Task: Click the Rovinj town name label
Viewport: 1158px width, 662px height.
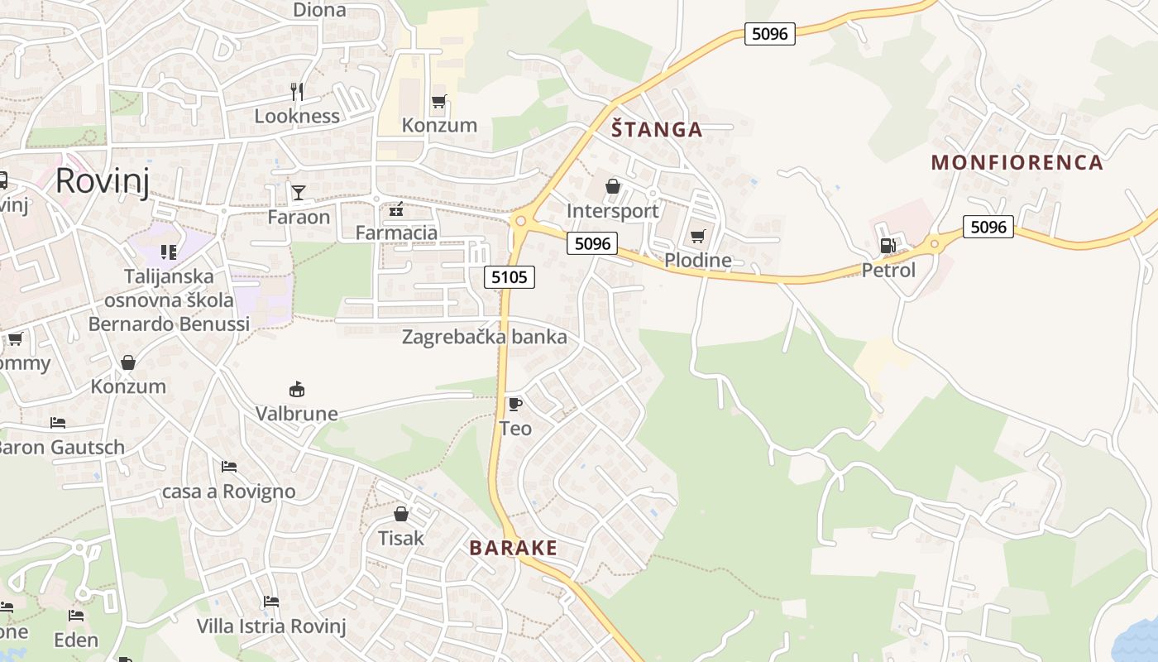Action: point(103,180)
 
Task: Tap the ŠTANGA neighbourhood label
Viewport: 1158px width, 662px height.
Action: point(657,129)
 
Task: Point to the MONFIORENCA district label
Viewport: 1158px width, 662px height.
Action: point(1017,162)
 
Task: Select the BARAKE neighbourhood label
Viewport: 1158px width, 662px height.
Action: point(513,548)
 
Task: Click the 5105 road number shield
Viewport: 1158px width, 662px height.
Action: point(509,277)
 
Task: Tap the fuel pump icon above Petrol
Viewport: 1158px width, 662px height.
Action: point(888,246)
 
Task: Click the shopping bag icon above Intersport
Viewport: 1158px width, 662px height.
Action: point(613,186)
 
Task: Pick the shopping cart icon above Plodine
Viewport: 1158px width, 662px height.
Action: point(697,237)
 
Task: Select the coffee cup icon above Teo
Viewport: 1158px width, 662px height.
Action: point(514,404)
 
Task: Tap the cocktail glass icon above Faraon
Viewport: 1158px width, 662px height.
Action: point(298,193)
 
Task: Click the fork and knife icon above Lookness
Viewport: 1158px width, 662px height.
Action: point(297,91)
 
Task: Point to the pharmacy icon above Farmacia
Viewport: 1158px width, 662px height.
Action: point(396,209)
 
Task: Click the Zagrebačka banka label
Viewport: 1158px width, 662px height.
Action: point(485,337)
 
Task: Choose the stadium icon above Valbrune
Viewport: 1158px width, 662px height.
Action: point(296,389)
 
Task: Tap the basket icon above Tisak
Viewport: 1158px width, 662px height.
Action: point(401,514)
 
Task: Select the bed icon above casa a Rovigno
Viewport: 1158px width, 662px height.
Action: point(229,467)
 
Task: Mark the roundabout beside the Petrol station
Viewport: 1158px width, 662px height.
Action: point(935,243)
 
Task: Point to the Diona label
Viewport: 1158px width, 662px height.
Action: point(319,10)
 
